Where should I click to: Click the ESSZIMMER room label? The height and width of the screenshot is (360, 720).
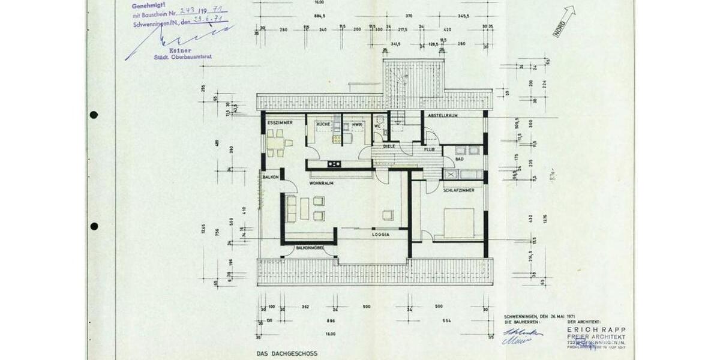pos(280,122)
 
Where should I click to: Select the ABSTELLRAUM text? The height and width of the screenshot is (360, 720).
pos(443,115)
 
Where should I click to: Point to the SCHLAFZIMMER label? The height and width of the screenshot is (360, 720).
pos(459,190)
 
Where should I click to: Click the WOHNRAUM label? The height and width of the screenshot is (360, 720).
pos(321,183)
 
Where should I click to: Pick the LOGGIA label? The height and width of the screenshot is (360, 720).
pos(380,235)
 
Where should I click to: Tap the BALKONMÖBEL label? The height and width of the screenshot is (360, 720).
pos(310,248)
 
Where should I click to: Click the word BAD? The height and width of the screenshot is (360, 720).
pos(459,159)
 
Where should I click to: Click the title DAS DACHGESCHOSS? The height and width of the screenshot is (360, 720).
pos(287,353)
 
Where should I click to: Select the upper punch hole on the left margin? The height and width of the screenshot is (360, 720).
pos(94,115)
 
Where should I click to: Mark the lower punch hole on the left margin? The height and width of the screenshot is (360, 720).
pos(94,226)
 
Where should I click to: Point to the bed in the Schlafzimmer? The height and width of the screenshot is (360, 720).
pos(459,223)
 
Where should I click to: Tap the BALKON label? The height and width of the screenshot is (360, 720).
pos(270,178)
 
